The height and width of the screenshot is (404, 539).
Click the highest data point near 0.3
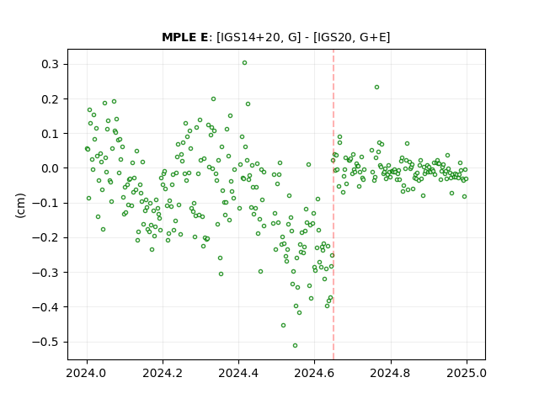tap(244, 63)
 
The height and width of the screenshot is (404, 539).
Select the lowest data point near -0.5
tap(295, 346)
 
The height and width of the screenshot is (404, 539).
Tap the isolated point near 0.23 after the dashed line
tap(376, 88)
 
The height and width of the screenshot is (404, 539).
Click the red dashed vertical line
tap(334, 205)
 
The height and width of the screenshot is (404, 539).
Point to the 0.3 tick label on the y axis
tap(51, 64)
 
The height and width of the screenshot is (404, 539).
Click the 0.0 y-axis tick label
tap(51, 168)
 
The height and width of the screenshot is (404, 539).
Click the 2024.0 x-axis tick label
tap(87, 373)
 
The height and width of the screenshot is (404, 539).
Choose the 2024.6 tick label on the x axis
tap(314, 373)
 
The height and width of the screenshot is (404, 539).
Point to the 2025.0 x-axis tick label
tap(467, 373)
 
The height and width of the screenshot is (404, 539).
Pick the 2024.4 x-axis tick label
tap(238, 373)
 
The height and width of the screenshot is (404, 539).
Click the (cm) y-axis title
tap(20, 205)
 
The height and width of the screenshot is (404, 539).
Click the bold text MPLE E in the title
tap(185, 37)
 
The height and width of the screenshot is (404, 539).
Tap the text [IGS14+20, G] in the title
tap(259, 37)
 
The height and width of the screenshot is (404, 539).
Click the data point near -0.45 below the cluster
tap(283, 326)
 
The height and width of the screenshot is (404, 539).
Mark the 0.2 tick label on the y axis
tap(51, 99)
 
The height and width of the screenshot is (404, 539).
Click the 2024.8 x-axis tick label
tap(390, 373)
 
